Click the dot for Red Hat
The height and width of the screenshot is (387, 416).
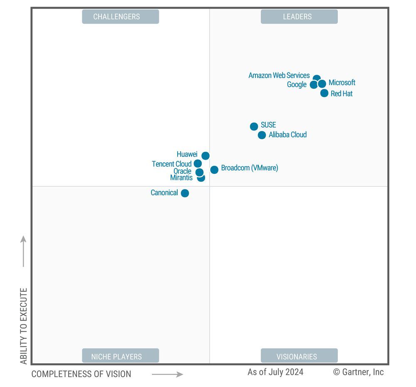coord(324,93)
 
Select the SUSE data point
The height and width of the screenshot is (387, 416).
coord(254,126)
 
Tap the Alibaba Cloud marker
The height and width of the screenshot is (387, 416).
coord(262,135)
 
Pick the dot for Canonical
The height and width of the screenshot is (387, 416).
coord(185,193)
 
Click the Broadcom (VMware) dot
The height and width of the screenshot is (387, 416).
coord(214,170)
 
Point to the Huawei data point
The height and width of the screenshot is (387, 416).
coord(206,155)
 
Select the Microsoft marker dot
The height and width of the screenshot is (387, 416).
coord(322,84)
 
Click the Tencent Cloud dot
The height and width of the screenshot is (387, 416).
coord(198,163)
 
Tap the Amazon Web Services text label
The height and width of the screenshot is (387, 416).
coord(279,75)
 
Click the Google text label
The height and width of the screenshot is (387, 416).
coord(297,84)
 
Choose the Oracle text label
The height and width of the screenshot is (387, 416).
coord(182,171)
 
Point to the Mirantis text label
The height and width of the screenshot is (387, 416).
coord(181,178)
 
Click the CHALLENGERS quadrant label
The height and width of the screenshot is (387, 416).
coord(120,17)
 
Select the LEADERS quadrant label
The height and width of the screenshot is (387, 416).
coord(299,17)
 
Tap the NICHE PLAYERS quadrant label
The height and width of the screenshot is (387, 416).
coord(120,356)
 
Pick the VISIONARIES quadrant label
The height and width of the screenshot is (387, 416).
coord(299,356)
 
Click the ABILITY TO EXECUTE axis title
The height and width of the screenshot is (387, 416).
coord(24,326)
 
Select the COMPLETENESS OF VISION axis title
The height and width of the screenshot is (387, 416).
coord(81,374)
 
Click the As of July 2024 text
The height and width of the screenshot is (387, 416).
coord(275,372)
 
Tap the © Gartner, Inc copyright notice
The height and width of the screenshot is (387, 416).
coord(358,372)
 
